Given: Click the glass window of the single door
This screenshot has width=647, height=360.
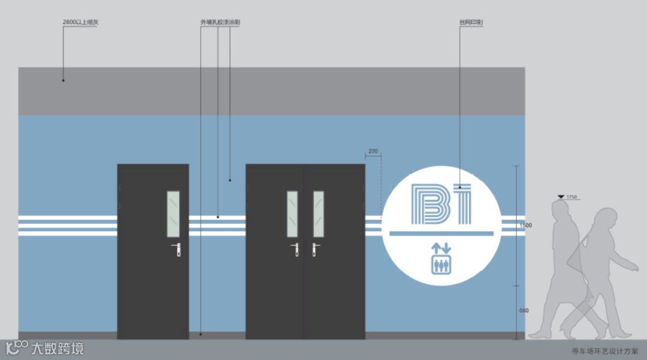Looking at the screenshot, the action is pyautogui.click(x=173, y=214).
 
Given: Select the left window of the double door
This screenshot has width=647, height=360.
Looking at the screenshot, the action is pyautogui.click(x=292, y=214).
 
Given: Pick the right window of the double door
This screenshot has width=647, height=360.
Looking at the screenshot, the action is pyautogui.click(x=319, y=214).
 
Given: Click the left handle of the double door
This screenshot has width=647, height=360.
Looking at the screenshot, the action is pyautogui.click(x=295, y=249).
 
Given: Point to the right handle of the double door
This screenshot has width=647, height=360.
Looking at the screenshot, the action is pyautogui.click(x=315, y=249).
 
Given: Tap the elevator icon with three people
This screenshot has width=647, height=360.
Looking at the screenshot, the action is pyautogui.click(x=442, y=264).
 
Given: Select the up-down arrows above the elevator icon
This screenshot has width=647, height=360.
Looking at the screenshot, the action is pyautogui.click(x=442, y=247).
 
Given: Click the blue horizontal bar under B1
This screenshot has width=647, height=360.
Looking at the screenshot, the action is pyautogui.click(x=442, y=232).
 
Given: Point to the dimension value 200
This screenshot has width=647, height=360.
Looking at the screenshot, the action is pyautogui.click(x=373, y=152).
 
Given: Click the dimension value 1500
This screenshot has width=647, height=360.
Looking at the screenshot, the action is pyautogui.click(x=525, y=225).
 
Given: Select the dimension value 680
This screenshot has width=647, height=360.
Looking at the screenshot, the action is pyautogui.click(x=524, y=310).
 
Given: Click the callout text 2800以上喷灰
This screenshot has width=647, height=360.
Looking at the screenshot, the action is pyautogui.click(x=80, y=22).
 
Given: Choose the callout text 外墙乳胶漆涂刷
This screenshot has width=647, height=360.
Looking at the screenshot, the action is pyautogui.click(x=220, y=22).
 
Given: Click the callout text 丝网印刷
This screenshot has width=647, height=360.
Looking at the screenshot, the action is pyautogui.click(x=471, y=22).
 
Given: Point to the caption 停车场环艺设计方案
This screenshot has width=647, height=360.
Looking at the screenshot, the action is pyautogui.click(x=604, y=352).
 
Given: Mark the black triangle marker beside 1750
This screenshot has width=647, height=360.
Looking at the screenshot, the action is pyautogui.click(x=561, y=196).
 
